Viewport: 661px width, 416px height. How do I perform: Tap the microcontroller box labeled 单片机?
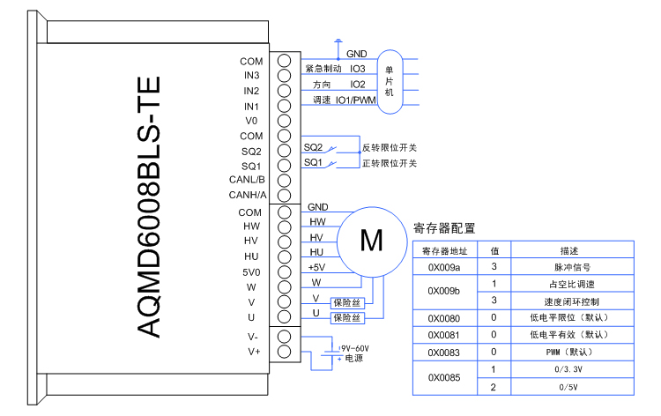coord(390,80)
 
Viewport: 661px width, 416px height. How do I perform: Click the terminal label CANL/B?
coord(246,180)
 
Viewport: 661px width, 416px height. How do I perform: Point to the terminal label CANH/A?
coord(246,195)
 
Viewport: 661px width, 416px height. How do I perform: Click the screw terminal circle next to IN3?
coord(284,76)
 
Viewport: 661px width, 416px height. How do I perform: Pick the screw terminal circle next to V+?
coord(284,352)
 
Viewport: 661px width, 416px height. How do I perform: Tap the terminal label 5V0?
coord(250,271)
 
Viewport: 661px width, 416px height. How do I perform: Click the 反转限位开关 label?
coord(389,147)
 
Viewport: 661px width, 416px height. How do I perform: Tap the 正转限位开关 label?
coord(389,163)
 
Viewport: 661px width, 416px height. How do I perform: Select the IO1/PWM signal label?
coord(355,100)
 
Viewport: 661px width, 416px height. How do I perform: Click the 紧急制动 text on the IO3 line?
coord(323,68)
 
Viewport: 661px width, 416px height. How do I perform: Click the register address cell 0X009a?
coord(444,266)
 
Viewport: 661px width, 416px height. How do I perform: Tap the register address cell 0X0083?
coord(444,352)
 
